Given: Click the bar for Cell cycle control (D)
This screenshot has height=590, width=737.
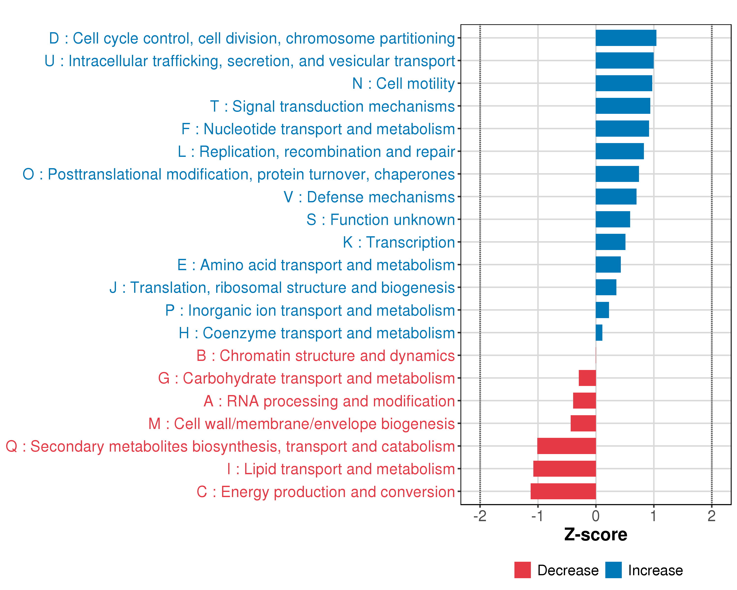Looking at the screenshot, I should [625, 38].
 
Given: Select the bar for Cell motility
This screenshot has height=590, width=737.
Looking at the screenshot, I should [624, 83].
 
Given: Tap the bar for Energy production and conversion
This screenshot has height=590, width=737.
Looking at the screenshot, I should [563, 491].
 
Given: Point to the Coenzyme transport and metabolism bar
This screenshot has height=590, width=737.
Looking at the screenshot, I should [599, 333].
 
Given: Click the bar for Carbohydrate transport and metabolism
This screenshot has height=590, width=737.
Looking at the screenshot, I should [587, 378].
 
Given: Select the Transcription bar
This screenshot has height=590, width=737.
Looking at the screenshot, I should [610, 242].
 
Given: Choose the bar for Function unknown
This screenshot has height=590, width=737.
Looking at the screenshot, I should [613, 219].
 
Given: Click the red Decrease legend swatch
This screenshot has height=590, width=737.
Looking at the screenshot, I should [522, 570].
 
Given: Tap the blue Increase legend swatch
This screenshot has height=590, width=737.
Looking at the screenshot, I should [613, 570].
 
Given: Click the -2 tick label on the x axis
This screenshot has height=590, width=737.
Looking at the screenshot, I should [480, 516].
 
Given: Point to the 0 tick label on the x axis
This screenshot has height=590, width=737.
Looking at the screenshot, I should [595, 516].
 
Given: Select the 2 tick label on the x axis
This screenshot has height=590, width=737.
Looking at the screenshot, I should [711, 516].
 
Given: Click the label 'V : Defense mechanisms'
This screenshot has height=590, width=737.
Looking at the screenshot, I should [369, 197].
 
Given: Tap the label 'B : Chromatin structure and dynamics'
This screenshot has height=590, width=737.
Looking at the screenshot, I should [326, 356].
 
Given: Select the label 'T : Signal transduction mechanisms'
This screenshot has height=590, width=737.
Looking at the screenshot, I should [332, 106].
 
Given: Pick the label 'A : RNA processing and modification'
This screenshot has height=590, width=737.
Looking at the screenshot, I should [329, 401].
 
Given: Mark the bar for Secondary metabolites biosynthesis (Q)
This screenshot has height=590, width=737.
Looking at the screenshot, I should [567, 446].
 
